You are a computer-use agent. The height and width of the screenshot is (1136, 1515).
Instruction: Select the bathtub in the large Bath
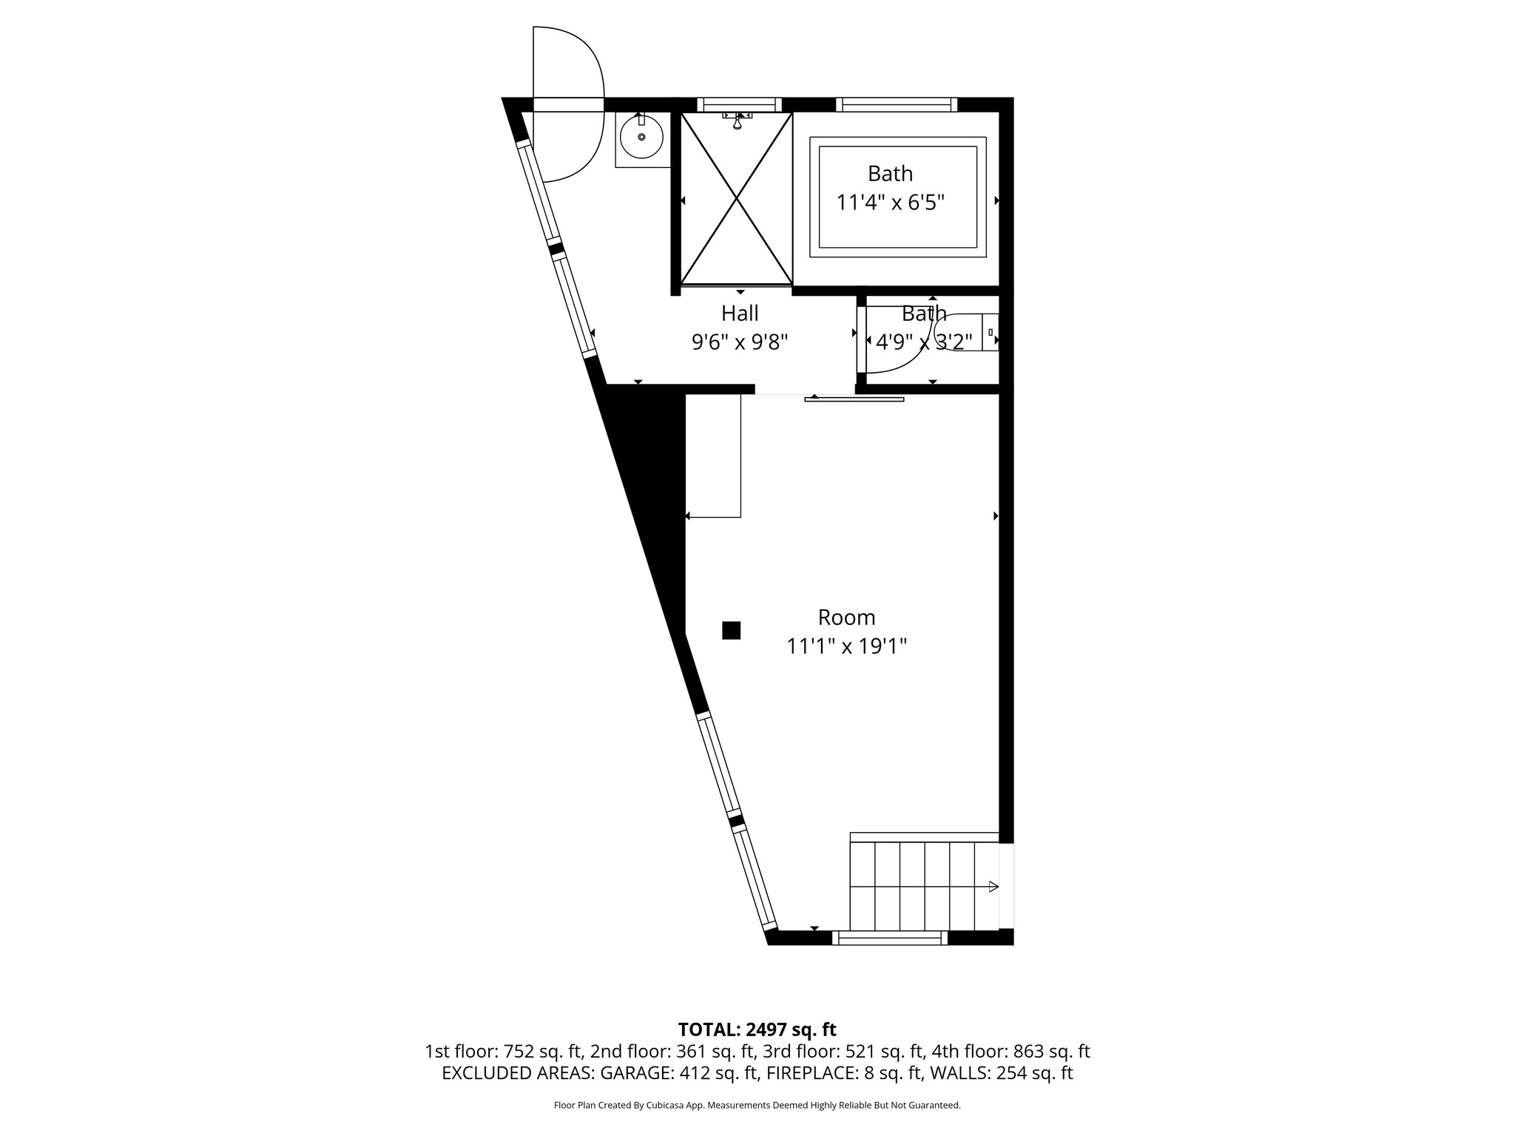[x=898, y=197]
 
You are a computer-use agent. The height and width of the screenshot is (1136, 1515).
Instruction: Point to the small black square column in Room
[x=731, y=630]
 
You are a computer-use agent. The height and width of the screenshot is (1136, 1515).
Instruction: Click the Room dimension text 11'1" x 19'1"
[x=846, y=646]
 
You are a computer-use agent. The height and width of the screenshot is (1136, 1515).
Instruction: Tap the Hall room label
[x=740, y=314]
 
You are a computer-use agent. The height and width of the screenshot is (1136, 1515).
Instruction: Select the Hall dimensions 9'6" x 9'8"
[x=740, y=342]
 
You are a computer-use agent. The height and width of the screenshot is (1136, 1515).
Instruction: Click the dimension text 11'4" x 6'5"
[x=890, y=202]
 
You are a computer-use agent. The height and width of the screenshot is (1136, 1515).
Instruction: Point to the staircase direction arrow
[x=993, y=887]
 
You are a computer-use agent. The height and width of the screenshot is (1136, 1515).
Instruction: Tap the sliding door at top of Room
[x=854, y=399]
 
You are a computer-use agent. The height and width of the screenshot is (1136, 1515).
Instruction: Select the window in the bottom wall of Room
[x=890, y=939]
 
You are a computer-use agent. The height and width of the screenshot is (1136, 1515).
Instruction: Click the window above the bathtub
[x=897, y=105]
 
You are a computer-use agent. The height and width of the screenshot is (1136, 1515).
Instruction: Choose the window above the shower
[x=739, y=105]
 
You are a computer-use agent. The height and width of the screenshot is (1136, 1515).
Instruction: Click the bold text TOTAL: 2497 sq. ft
[x=757, y=1029]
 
